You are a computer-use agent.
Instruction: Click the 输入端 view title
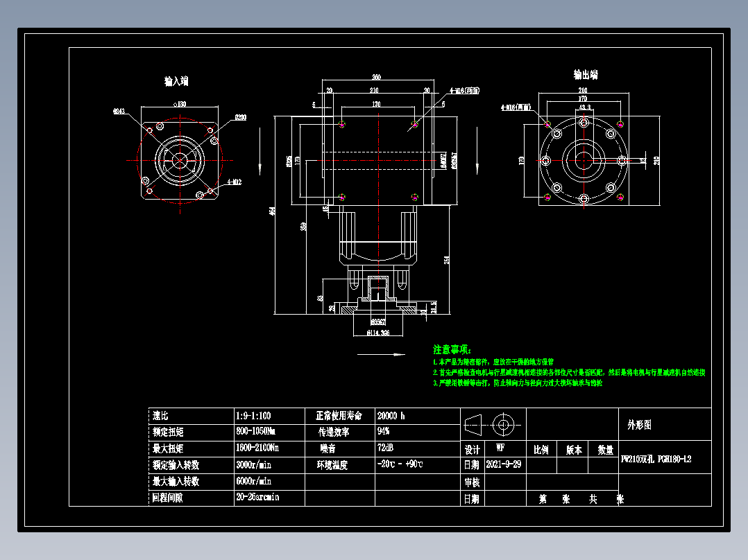[x=176, y=82]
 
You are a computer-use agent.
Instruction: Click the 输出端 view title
[x=585, y=75]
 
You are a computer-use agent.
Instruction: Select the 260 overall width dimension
[x=377, y=77]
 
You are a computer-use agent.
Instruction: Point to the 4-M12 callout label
[x=235, y=183]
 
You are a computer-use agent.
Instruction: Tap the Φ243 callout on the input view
[x=119, y=111]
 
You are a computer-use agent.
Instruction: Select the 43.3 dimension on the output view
[x=584, y=108]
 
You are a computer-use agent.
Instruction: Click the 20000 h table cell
[x=391, y=416]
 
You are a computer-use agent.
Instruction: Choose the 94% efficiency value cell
[x=383, y=432]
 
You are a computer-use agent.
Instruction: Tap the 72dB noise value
[x=385, y=448]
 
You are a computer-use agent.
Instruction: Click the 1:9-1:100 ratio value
[x=253, y=416]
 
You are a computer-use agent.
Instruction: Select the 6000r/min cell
[x=254, y=481]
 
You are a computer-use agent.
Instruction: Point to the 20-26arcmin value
[x=257, y=497]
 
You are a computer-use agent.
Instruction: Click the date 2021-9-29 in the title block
[x=504, y=464]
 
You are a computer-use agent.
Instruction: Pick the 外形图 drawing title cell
[x=639, y=425]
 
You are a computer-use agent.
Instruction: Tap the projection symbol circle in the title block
[x=502, y=423]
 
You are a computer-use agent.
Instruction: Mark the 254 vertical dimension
[x=447, y=259]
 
